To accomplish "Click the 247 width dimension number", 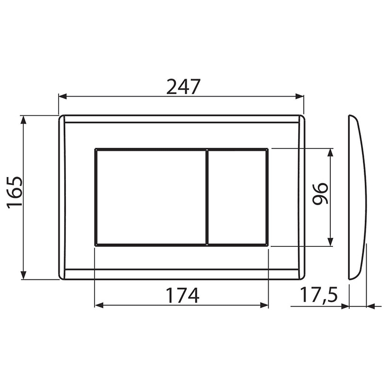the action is pyautogui.click(x=183, y=87).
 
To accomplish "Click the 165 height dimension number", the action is pyautogui.click(x=15, y=193).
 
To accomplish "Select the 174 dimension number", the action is pyautogui.click(x=182, y=295).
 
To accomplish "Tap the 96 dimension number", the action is pyautogui.click(x=320, y=194).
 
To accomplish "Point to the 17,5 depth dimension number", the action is pyautogui.click(x=319, y=295).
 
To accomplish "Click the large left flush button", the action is pyautogui.click(x=151, y=197).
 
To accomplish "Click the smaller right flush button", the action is pyautogui.click(x=237, y=197).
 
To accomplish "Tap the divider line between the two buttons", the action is pyautogui.click(x=207, y=197).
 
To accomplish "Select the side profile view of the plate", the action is pyautogui.click(x=357, y=197).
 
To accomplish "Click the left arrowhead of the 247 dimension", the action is pyautogui.click(x=63, y=97).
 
